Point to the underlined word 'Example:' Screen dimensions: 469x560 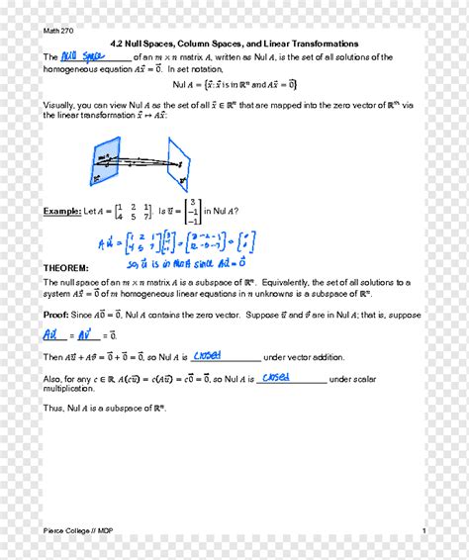tap(62, 211)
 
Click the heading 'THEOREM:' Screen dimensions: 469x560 tap(65, 268)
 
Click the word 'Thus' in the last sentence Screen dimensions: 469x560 tap(53, 407)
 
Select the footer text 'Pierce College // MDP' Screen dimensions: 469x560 tap(78, 531)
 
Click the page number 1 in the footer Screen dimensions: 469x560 tap(423, 531)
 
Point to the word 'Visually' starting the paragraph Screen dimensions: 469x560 tap(60, 104)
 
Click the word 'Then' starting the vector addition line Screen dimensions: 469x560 tap(52, 357)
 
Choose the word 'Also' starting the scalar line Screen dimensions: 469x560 tap(52, 379)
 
